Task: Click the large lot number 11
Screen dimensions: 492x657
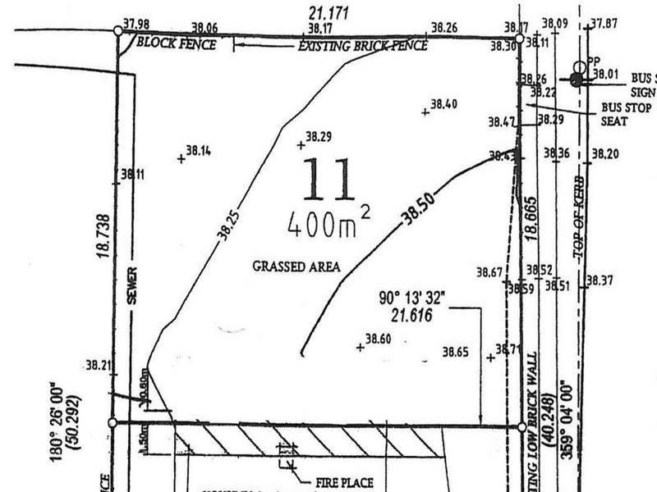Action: (x=328, y=179)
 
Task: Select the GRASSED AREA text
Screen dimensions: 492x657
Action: (x=296, y=266)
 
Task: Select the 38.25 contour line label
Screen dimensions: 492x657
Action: (x=229, y=223)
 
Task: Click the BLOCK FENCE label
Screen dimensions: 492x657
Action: (x=176, y=44)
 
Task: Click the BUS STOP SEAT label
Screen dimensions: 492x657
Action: (x=624, y=114)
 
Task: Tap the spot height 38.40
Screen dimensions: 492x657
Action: (x=443, y=104)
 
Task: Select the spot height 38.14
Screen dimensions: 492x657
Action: (x=198, y=151)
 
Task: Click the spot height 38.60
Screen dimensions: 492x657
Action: (x=378, y=339)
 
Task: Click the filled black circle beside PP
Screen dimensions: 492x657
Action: (x=576, y=80)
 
